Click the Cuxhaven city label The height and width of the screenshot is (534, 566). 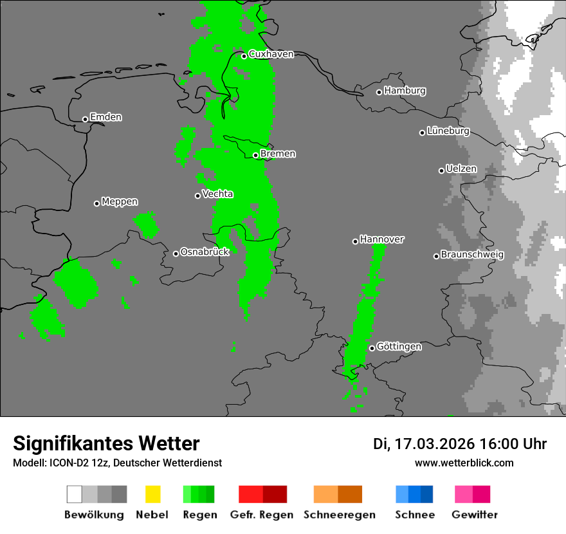(271, 54)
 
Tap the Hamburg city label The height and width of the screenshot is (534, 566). (405, 91)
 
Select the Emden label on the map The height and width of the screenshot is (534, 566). (105, 117)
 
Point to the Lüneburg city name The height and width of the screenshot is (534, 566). (448, 131)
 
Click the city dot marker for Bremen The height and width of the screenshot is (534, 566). (255, 155)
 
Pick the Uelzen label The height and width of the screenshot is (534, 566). (461, 169)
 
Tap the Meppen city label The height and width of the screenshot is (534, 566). (120, 201)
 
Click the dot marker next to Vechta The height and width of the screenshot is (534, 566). (198, 196)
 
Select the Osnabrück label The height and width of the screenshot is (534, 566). (205, 252)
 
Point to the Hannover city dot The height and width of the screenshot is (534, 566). (355, 241)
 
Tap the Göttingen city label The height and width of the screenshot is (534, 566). (399, 346)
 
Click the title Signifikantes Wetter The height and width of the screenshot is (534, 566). (106, 443)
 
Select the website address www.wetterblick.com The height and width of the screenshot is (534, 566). (464, 463)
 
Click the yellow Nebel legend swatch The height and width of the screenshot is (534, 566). (152, 494)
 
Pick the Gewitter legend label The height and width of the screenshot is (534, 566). (475, 515)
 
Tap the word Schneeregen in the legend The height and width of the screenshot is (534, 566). (340, 515)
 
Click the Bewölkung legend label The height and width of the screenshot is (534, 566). (94, 515)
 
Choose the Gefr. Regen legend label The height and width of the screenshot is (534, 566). (262, 515)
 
